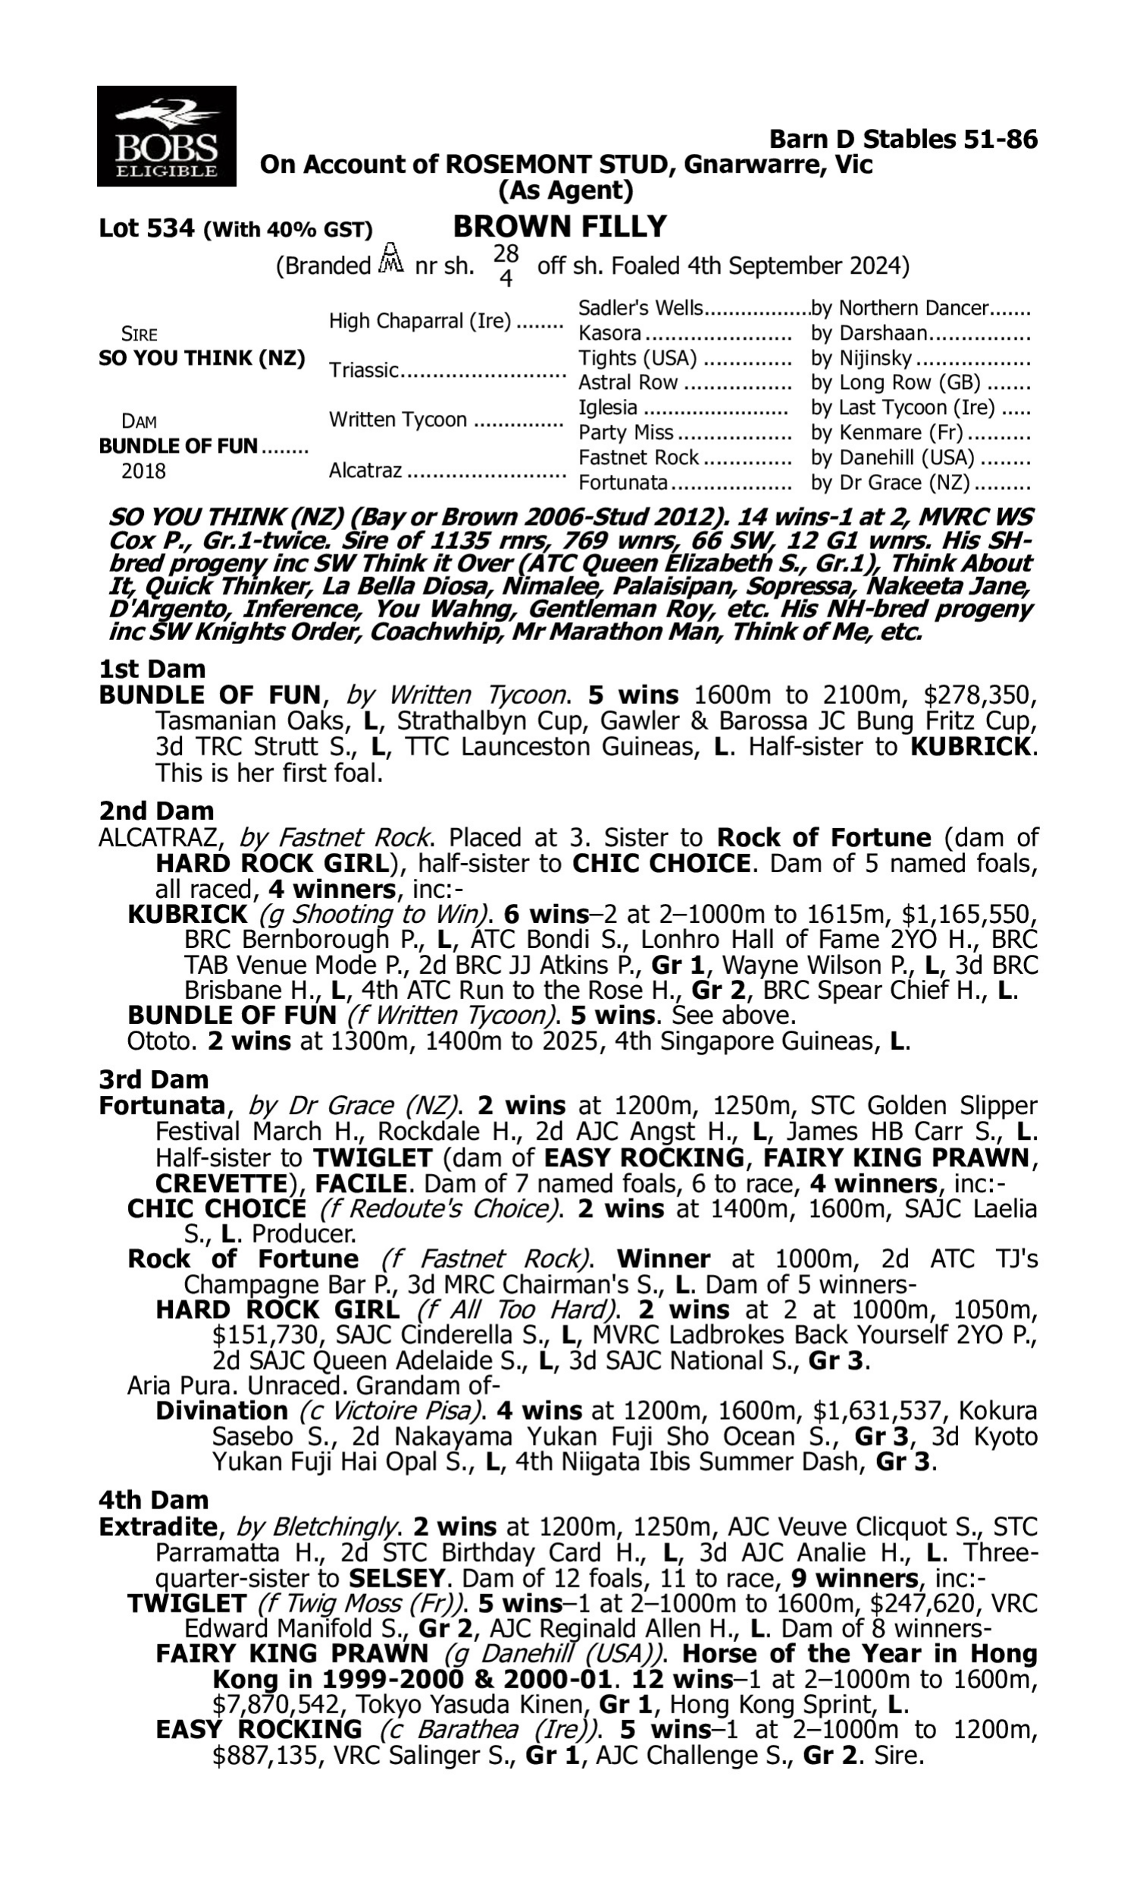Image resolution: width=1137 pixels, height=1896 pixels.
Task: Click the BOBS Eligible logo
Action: click(166, 136)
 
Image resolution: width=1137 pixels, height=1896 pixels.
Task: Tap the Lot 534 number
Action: click(147, 228)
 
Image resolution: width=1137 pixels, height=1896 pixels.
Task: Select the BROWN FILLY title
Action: click(559, 227)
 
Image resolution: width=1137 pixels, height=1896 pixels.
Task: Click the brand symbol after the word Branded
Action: click(392, 260)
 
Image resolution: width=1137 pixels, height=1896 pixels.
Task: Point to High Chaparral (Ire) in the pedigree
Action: click(420, 321)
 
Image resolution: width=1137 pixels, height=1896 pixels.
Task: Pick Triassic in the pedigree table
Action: click(364, 370)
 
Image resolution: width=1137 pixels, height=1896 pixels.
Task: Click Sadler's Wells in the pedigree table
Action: click(640, 308)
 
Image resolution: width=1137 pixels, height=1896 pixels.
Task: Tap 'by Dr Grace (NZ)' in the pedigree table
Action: click(891, 483)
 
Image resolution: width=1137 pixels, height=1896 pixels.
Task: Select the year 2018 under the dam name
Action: click(143, 470)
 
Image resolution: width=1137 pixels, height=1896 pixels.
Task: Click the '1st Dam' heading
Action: click(152, 669)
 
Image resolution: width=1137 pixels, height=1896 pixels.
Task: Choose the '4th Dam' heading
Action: click(153, 1500)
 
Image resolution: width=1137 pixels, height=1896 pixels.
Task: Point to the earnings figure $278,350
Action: click(980, 695)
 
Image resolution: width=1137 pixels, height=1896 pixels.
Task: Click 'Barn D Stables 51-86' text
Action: click(904, 139)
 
